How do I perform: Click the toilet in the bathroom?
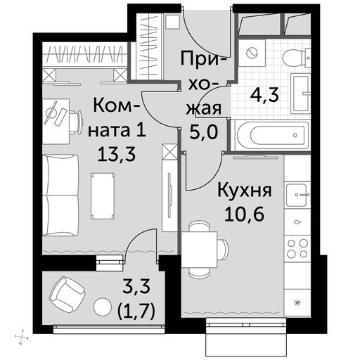[296, 58]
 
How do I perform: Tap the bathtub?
[273, 135]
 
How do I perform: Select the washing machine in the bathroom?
[252, 53]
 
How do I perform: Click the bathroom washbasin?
[300, 94]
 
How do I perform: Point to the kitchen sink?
[297, 195]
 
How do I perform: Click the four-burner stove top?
[297, 248]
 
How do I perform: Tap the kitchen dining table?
[200, 250]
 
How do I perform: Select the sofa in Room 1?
[60, 195]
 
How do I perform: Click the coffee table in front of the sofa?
[103, 196]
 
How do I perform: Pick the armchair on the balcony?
[67, 293]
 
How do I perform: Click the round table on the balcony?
[102, 307]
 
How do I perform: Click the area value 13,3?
[117, 154]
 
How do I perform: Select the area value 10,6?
[245, 214]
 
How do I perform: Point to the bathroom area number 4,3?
[264, 95]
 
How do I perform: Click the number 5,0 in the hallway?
[203, 131]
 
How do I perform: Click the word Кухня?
[245, 190]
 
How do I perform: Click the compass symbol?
[22, 337]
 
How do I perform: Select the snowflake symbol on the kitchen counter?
[297, 303]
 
